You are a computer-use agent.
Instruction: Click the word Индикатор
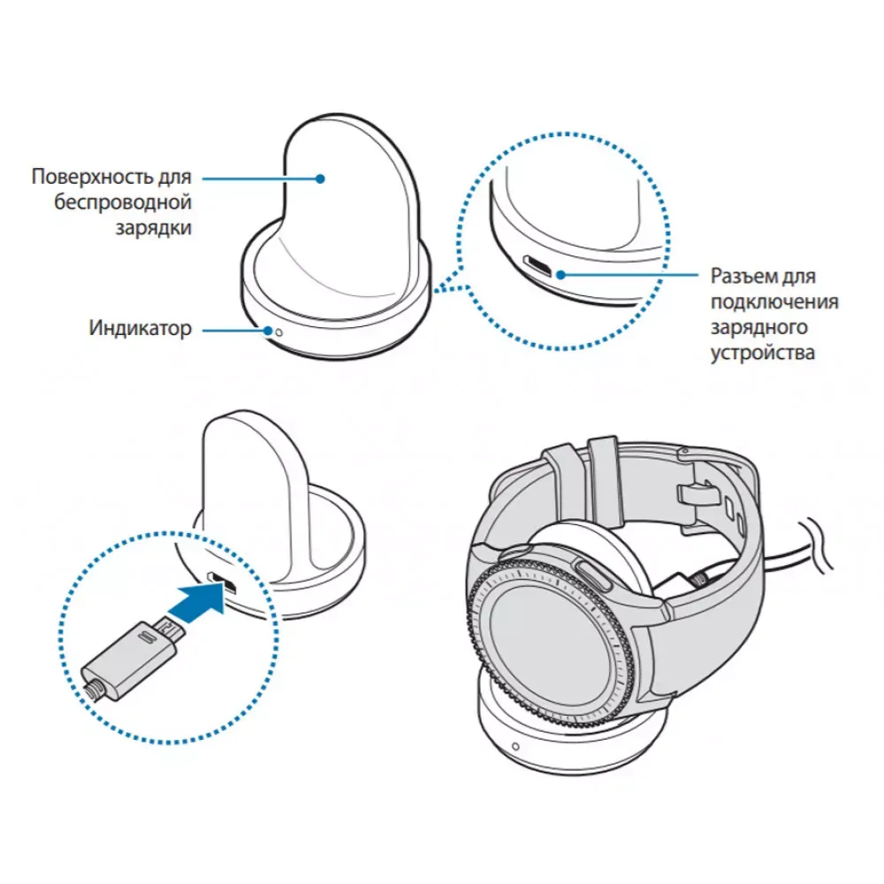pos(140,330)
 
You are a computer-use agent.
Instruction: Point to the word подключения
pos(774,302)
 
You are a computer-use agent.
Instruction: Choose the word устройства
pos(762,354)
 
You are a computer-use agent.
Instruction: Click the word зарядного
pos(759,328)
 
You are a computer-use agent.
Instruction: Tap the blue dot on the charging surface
pos(323,178)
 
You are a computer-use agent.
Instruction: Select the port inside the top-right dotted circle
pos(538,264)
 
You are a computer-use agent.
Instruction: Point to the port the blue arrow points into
pos(217,583)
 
